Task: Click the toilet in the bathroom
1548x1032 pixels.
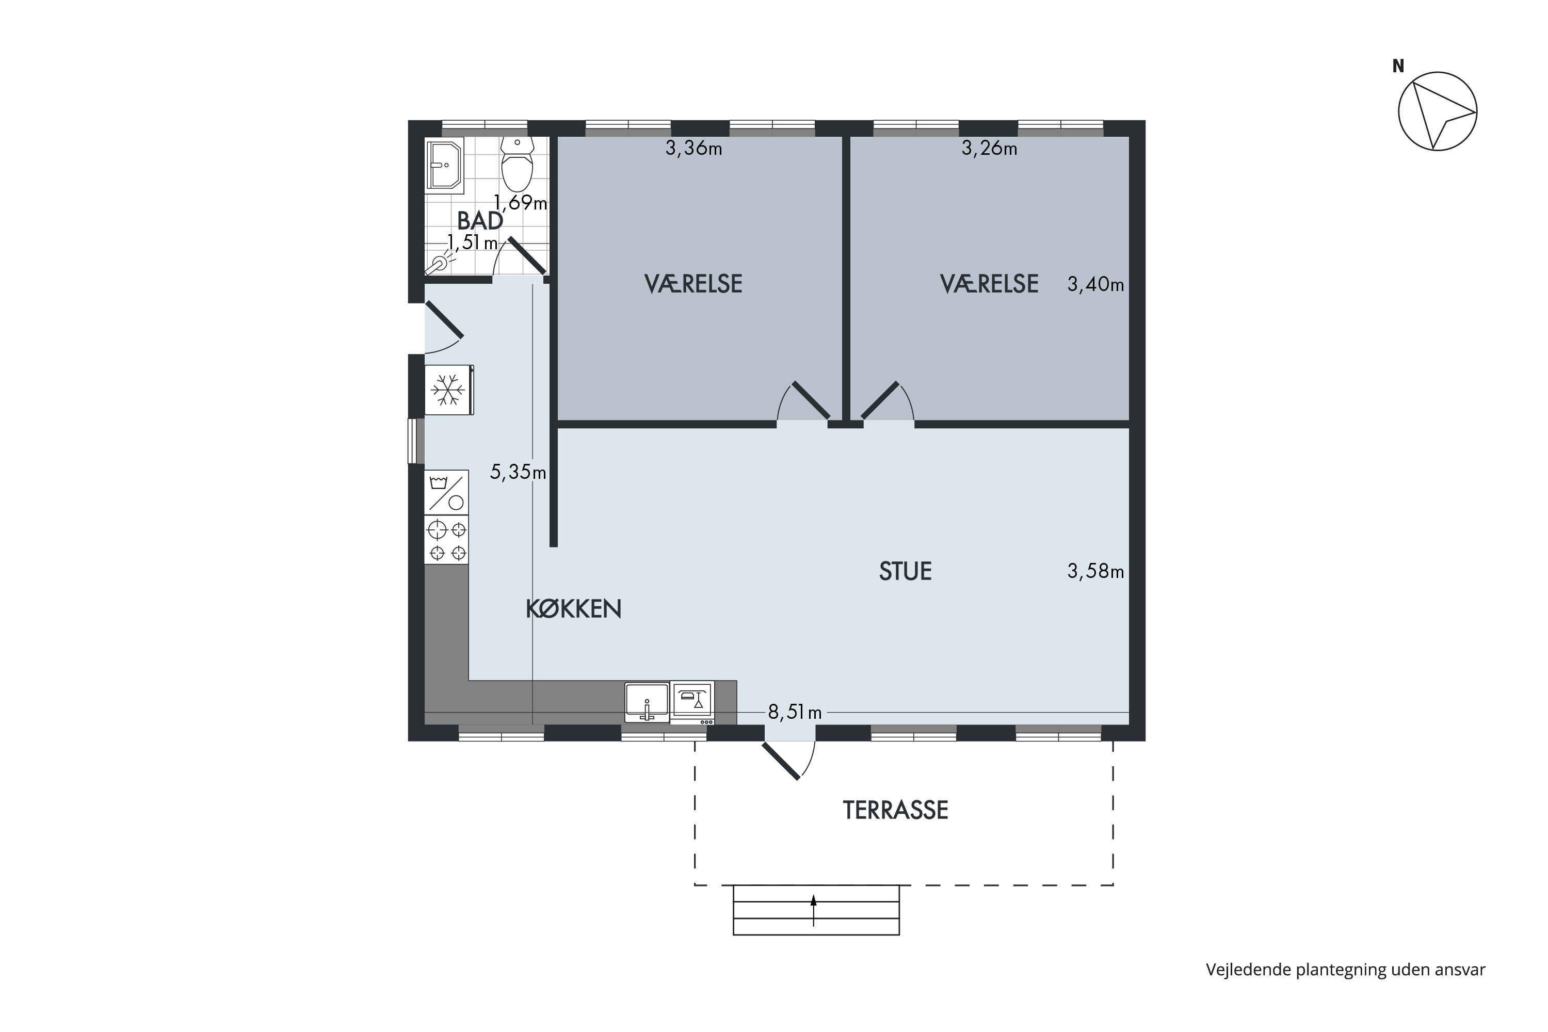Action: click(x=518, y=164)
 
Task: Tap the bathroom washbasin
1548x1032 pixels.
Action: click(x=444, y=165)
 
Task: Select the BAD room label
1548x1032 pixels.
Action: click(x=480, y=220)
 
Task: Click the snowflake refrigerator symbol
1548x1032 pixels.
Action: click(x=448, y=390)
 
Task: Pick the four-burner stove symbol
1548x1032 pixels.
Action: click(x=447, y=540)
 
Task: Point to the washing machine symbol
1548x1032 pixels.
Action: click(x=447, y=492)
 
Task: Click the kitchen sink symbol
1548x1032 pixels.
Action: click(x=647, y=702)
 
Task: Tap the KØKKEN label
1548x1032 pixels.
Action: click(x=573, y=609)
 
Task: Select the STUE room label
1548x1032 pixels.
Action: click(x=905, y=571)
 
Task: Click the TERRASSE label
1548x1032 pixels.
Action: click(x=895, y=810)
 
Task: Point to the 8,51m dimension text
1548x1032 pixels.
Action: click(x=795, y=712)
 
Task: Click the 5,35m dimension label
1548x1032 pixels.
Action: click(x=518, y=472)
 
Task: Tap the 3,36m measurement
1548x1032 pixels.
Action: click(x=694, y=149)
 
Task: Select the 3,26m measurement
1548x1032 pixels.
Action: click(x=989, y=149)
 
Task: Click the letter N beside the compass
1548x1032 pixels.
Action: click(x=1398, y=66)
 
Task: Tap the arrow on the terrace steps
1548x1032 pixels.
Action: click(x=814, y=910)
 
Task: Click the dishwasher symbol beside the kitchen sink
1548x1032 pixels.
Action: click(x=692, y=703)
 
